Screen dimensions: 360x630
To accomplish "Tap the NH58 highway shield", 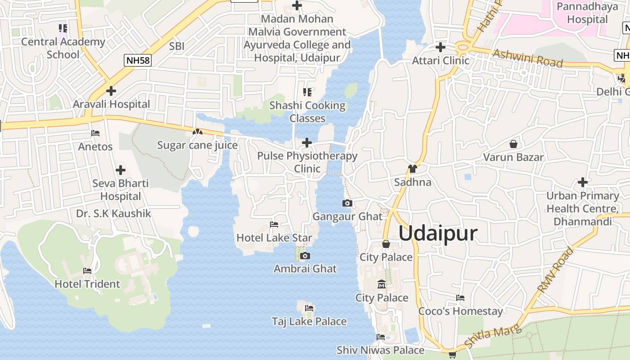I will pyautogui.click(x=138, y=60).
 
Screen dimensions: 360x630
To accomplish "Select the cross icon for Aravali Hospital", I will pyautogui.click(x=111, y=91).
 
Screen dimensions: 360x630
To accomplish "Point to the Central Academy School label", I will pyautogui.click(x=63, y=48).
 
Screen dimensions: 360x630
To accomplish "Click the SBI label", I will pyautogui.click(x=177, y=46).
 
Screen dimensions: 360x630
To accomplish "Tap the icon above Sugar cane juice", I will pyautogui.click(x=197, y=132).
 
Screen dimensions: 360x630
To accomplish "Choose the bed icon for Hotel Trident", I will pyautogui.click(x=87, y=271).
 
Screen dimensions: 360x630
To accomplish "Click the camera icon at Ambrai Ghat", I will pyautogui.click(x=305, y=256).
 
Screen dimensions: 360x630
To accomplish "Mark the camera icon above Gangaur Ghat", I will pyautogui.click(x=347, y=203).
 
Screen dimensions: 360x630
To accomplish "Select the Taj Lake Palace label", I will pyautogui.click(x=309, y=321).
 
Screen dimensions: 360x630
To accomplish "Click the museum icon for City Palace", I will pyautogui.click(x=382, y=284).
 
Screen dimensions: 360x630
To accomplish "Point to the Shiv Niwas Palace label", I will pyautogui.click(x=380, y=350).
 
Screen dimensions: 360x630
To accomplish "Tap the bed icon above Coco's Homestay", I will pyautogui.click(x=460, y=298).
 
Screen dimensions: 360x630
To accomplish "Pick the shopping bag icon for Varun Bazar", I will pyautogui.click(x=513, y=144).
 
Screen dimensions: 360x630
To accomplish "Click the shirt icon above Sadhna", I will pyautogui.click(x=412, y=169).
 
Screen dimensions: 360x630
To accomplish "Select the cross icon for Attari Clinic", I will pyautogui.click(x=441, y=47).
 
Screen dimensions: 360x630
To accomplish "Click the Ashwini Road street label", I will pyautogui.click(x=528, y=58).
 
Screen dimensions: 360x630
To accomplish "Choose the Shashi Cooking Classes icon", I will pyautogui.click(x=307, y=92).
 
